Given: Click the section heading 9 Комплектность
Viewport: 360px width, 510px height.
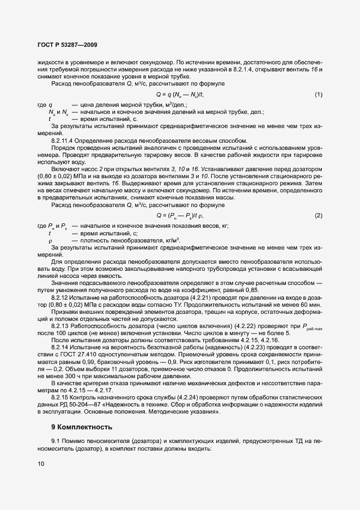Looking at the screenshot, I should tap(82, 427).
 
